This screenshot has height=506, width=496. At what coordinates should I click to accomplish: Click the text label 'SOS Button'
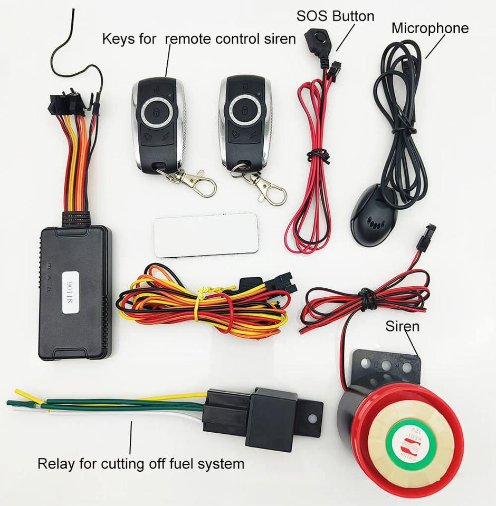pyautogui.click(x=335, y=16)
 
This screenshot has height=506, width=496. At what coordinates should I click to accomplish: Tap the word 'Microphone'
pyautogui.click(x=430, y=28)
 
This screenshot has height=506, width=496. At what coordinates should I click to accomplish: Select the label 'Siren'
pyautogui.click(x=402, y=326)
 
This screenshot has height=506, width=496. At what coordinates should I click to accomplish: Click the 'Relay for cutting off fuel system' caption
pyautogui.click(x=141, y=464)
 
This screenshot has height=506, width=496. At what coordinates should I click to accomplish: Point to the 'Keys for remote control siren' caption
pyautogui.click(x=198, y=38)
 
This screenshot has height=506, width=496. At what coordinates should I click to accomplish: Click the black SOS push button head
pyautogui.click(x=315, y=37)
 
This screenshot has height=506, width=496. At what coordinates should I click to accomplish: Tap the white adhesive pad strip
pyautogui.click(x=206, y=234)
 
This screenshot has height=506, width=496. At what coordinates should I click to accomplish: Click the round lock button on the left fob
pyautogui.click(x=157, y=112)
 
